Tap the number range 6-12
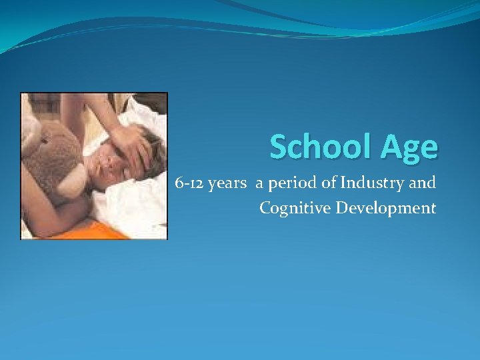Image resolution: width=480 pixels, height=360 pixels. pyautogui.click(x=189, y=183)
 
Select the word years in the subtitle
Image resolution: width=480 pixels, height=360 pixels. pyautogui.click(x=227, y=183)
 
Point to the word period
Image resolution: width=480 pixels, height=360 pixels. pyautogui.click(x=286, y=183)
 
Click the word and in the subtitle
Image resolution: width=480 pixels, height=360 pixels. pyautogui.click(x=425, y=183)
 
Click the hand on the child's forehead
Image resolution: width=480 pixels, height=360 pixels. pyautogui.click(x=137, y=143)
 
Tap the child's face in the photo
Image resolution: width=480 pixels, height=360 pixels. pyautogui.click(x=110, y=163)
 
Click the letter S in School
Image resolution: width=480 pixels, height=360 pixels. pyautogui.click(x=279, y=146)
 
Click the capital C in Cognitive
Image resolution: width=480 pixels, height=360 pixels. pyautogui.click(x=265, y=208)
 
